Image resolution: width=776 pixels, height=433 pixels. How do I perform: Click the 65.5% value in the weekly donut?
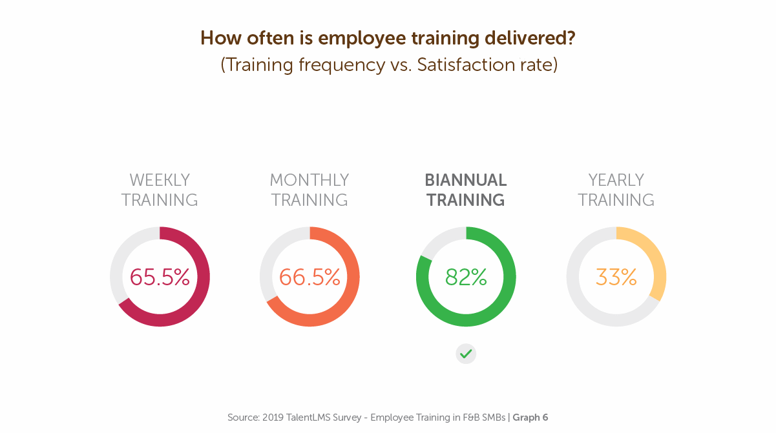click(x=160, y=277)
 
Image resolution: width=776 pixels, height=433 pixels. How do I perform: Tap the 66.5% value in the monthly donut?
click(x=309, y=277)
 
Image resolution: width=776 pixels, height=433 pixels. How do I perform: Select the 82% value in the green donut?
click(x=466, y=277)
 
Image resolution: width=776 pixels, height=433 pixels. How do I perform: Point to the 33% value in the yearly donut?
click(x=616, y=277)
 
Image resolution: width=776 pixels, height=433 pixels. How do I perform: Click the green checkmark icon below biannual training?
click(x=466, y=354)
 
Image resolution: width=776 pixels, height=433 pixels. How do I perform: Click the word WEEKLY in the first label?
click(x=160, y=180)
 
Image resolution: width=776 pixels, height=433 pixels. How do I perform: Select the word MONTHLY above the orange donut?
click(x=309, y=180)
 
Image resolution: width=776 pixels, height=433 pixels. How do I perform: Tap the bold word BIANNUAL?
click(x=466, y=180)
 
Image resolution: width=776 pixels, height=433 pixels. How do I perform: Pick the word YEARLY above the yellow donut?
click(x=616, y=180)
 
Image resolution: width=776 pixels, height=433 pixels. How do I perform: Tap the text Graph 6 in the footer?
click(x=530, y=418)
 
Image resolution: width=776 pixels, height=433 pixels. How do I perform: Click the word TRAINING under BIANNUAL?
click(x=466, y=200)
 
